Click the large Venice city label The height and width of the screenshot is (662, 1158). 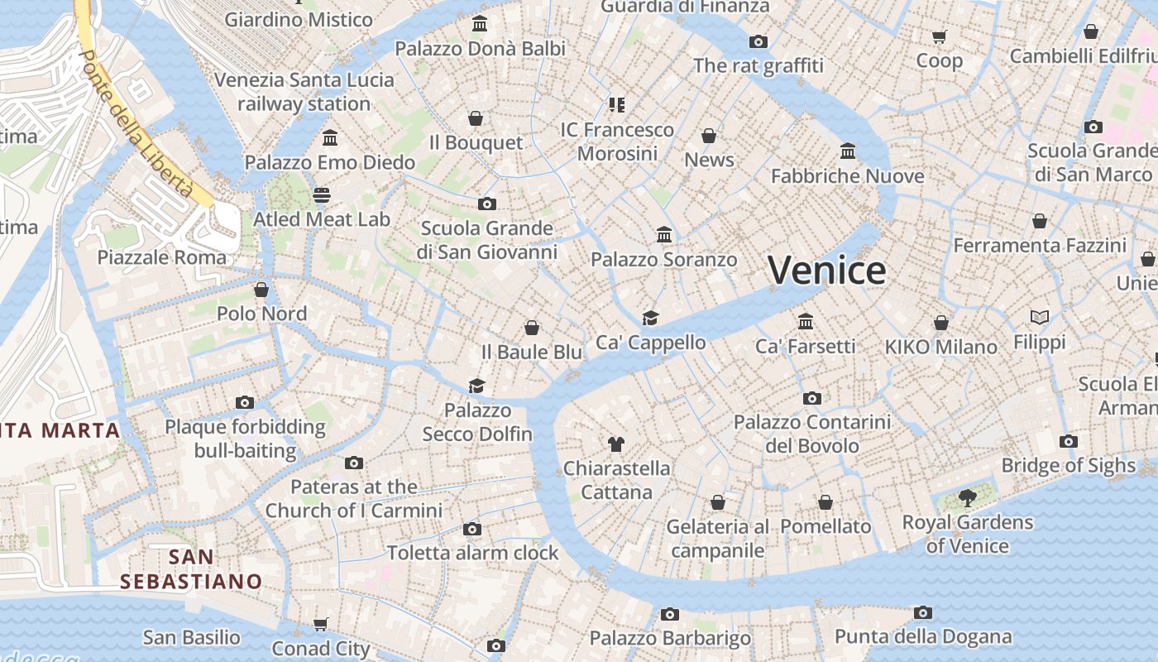[x=826, y=271]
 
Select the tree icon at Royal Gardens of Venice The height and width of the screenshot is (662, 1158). [x=967, y=497]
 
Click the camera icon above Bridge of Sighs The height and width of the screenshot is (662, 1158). [x=1069, y=441]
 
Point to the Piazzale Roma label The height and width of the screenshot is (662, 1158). [x=161, y=257]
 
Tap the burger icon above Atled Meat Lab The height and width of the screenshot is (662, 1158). [x=322, y=195]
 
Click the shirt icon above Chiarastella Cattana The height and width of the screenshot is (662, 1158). [x=615, y=444]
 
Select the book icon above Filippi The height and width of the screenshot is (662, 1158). [x=1040, y=317]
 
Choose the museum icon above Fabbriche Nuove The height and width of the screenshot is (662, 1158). [x=848, y=151]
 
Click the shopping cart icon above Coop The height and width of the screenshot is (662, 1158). [x=939, y=36]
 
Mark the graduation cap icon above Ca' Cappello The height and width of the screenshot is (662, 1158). [x=651, y=318]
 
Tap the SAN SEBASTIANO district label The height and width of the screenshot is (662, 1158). [x=191, y=569]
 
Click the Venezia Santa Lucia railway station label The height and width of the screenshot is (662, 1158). [x=304, y=92]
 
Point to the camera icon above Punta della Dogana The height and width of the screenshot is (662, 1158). [x=923, y=612]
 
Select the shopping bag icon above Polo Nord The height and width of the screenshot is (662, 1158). [x=261, y=290]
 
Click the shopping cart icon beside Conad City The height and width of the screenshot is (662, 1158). [x=321, y=624]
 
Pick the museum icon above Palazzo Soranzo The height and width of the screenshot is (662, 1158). [x=663, y=235]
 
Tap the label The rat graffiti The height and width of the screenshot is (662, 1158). [x=758, y=65]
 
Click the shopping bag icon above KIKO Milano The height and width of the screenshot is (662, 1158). [x=940, y=322]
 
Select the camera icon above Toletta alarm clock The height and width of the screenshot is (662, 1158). [x=472, y=529]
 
